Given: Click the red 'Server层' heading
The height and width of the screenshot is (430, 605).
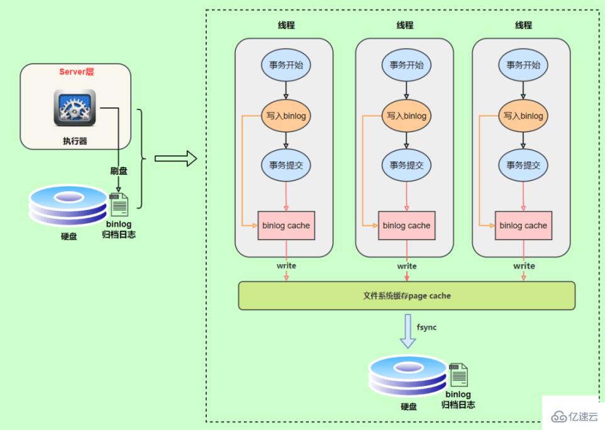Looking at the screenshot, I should click(x=76, y=72).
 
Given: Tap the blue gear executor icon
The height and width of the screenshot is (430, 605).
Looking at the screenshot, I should click(x=75, y=107).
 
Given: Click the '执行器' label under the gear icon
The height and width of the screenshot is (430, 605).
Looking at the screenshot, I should click(x=75, y=141).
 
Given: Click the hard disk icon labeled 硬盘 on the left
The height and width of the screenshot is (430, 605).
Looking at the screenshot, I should click(x=68, y=204).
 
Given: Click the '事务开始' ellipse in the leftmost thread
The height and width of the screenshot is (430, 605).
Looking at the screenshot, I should click(x=286, y=64).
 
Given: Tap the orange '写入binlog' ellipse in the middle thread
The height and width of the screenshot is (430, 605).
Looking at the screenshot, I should click(x=406, y=116).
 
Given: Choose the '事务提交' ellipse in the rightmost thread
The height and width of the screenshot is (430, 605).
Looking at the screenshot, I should click(x=523, y=165).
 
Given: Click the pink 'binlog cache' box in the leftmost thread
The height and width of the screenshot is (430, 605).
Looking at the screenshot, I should click(x=286, y=225).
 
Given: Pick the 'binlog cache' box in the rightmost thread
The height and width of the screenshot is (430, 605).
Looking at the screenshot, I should click(x=523, y=225).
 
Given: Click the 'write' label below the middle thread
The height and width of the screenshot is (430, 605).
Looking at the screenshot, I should click(x=407, y=266).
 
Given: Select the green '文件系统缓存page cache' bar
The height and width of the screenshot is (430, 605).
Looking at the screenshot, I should click(x=406, y=295).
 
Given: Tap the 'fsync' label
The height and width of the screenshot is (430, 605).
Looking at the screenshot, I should click(x=426, y=328).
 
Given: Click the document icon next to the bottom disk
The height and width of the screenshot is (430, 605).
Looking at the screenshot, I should click(x=458, y=375).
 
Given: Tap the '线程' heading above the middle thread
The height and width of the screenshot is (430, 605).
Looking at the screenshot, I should click(x=405, y=26).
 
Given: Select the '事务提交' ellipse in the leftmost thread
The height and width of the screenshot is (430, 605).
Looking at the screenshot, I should click(x=286, y=165).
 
